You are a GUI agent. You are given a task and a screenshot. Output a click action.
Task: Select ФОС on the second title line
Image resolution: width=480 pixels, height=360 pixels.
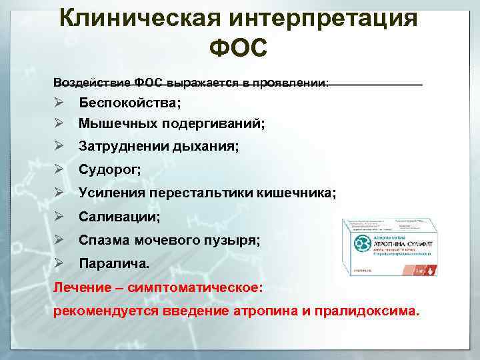[x=238, y=49]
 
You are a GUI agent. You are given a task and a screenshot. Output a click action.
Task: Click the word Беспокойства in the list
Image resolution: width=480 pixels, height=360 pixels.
[x=129, y=104]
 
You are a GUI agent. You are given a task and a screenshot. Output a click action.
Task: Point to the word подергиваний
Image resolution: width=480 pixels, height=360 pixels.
[x=212, y=124]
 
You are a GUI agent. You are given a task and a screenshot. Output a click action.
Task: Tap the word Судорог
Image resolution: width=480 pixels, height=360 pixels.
[x=109, y=169]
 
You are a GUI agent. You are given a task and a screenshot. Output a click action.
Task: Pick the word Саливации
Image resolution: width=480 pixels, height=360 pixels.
[x=119, y=217]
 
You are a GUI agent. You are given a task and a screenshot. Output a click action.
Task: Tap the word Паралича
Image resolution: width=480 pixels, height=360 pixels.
[x=114, y=263]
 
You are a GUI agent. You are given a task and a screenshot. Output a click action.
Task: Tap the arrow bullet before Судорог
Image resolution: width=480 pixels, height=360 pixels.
[x=59, y=169]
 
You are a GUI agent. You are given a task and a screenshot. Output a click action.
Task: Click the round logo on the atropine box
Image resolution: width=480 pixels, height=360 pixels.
[x=363, y=241]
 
